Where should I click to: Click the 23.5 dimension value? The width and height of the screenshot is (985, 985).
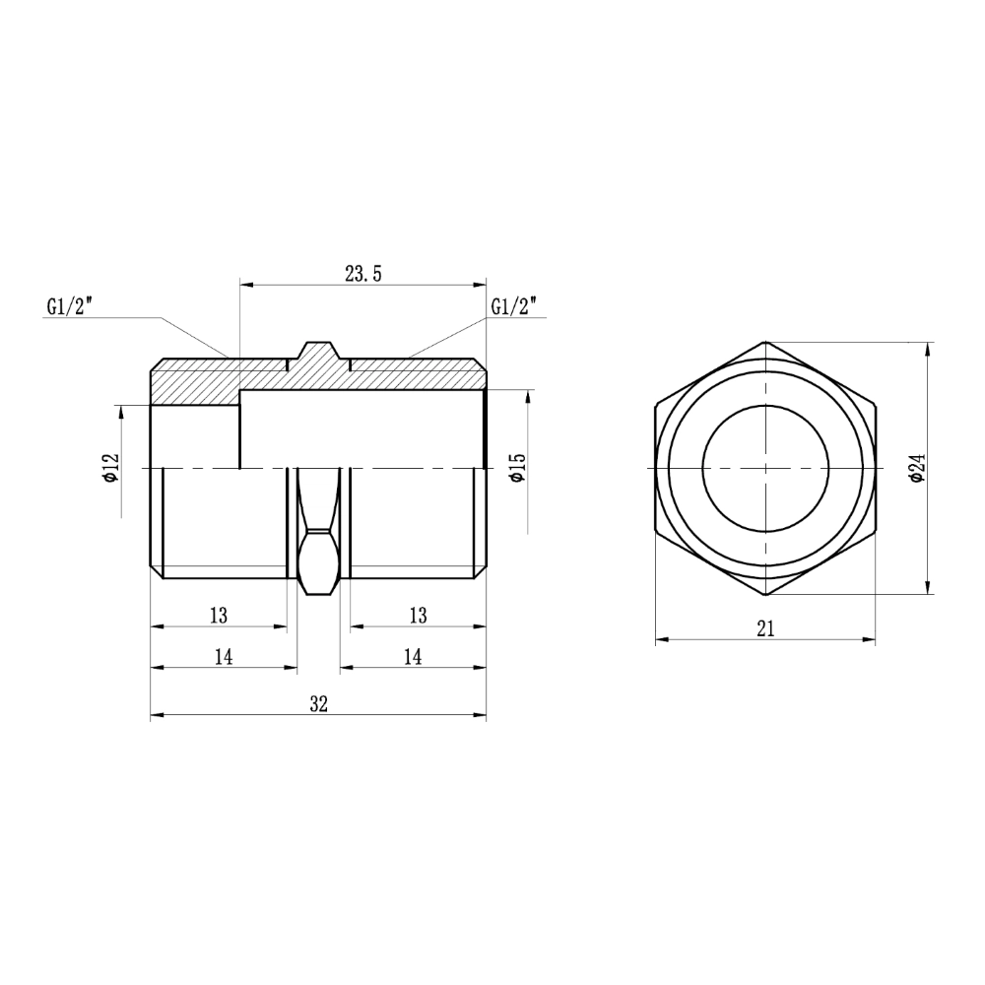[362, 273]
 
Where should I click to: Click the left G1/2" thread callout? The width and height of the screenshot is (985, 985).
[68, 306]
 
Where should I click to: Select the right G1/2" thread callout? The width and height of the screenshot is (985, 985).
[513, 306]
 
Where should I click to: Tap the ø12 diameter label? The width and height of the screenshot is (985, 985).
[109, 467]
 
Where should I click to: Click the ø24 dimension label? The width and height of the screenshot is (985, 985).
[917, 467]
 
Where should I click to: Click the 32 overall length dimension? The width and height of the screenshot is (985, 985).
[318, 703]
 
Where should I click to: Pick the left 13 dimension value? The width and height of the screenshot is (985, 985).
[219, 615]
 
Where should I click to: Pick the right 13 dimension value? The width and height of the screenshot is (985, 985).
[418, 615]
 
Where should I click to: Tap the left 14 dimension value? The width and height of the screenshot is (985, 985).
[224, 656]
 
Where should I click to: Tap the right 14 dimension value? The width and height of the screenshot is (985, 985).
[413, 656]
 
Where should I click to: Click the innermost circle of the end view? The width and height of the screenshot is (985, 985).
[765, 468]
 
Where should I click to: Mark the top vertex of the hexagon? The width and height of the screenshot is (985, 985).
[766, 342]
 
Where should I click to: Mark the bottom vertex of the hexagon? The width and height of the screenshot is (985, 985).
[766, 595]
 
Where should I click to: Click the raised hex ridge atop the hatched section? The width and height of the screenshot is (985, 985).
[318, 353]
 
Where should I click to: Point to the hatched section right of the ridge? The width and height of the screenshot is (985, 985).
[419, 377]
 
